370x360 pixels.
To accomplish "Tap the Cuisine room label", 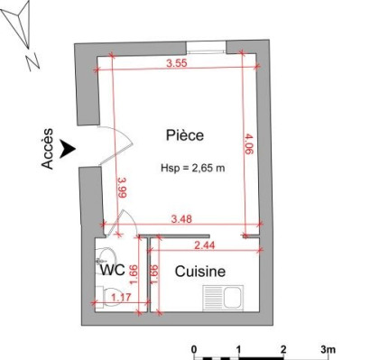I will tap(199, 271).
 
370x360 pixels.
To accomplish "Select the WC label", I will tap(112, 269).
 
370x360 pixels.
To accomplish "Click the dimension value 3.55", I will tap(177, 63).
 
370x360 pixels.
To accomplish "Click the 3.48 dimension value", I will tap(183, 217).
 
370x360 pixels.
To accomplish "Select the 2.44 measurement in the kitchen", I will tap(206, 244).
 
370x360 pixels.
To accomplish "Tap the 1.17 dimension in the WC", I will tap(120, 295).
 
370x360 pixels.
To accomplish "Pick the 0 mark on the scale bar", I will tap(194, 347).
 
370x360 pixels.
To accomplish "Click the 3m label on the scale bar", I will tap(328, 347).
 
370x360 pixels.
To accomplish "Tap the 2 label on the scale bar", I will tap(283, 347).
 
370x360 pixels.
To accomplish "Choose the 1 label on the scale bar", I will tap(239, 347).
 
